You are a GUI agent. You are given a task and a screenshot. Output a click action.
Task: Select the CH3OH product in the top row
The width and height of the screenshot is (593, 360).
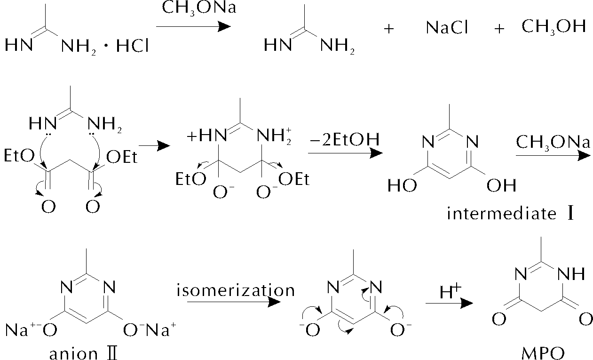point(553,27)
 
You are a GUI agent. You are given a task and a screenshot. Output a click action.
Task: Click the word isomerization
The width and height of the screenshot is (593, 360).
point(236,290)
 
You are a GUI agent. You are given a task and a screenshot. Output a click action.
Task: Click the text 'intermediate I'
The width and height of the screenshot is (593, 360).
point(511,214)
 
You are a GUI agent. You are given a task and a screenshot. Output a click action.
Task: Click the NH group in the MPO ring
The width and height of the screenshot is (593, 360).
point(572,273)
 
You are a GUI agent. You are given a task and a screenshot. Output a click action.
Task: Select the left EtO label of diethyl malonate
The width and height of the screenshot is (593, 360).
point(19,155)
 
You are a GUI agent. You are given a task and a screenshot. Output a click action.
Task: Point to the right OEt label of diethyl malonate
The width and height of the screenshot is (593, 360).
point(122,157)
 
